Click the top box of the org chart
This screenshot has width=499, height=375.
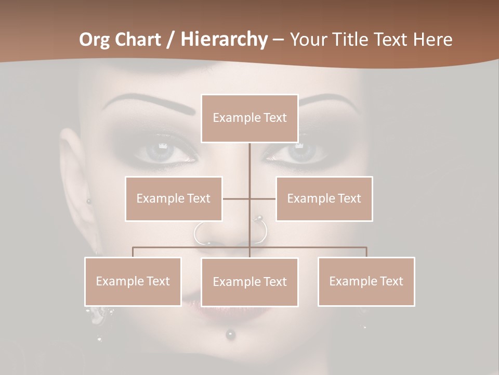coord(249,118)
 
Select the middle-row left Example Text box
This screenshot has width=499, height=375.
coord(174,198)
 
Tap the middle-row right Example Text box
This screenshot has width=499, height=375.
coord(324,198)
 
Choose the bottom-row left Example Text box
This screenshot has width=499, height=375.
coord(133,281)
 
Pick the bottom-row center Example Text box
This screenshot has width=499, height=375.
coord(249,282)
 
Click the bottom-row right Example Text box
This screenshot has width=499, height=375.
coord(366,281)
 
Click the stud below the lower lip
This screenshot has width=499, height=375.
coord(230,333)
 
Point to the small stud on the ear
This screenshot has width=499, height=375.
coord(88,201)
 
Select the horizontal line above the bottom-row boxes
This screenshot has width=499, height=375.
coord(312,247)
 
